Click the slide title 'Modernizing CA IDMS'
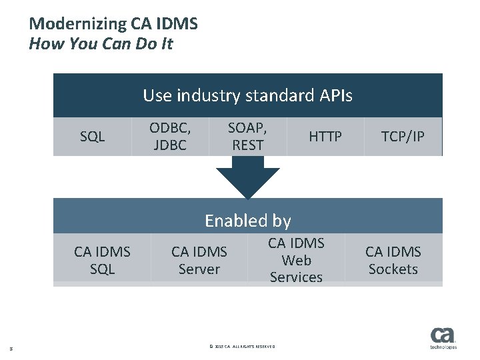coord(113,24)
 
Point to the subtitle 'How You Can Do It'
coord(100,45)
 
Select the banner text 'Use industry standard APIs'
coord(247,95)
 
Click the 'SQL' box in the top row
coord(93,137)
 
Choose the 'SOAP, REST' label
coord(247,136)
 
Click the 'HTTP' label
coord(325,137)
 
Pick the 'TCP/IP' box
coord(403,137)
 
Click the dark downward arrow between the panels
coord(248,179)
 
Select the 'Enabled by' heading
coord(247,220)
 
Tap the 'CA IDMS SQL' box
coord(102,260)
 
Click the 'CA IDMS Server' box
coord(199,260)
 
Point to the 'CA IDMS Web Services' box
coord(296,260)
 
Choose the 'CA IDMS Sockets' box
coord(393,260)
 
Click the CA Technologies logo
coord(443,338)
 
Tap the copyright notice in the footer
coord(242,346)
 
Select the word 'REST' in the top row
coord(247,145)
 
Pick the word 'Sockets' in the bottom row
coord(393,269)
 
